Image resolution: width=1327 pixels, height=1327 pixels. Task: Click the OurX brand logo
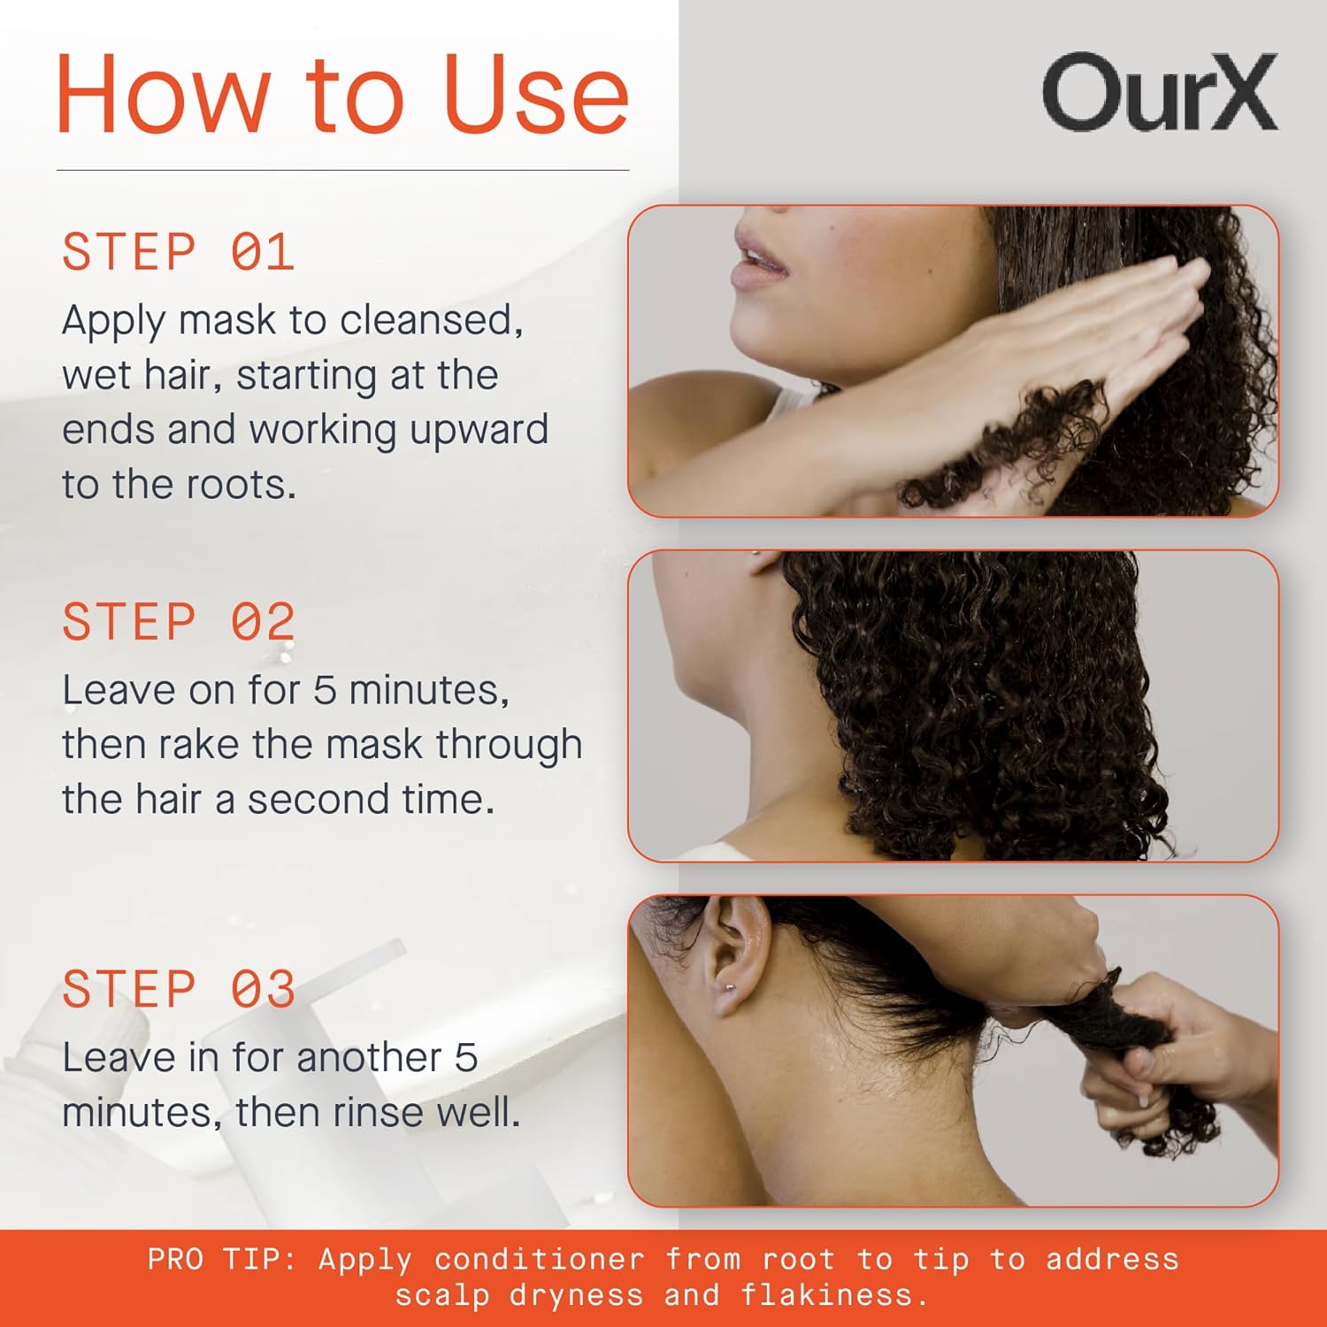(x=1159, y=92)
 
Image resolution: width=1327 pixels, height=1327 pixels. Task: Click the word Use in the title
(x=534, y=95)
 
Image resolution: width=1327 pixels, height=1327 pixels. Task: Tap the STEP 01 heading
(x=178, y=252)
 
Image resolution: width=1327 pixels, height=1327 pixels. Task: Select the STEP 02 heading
(x=178, y=622)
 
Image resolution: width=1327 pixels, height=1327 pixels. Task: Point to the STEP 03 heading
(x=178, y=989)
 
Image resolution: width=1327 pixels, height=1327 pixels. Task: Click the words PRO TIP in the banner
(x=221, y=1259)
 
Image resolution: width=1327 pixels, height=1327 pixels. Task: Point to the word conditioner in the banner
(x=539, y=1259)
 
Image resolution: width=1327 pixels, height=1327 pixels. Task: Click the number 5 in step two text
(x=325, y=691)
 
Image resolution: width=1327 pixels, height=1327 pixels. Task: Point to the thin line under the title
(x=342, y=170)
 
